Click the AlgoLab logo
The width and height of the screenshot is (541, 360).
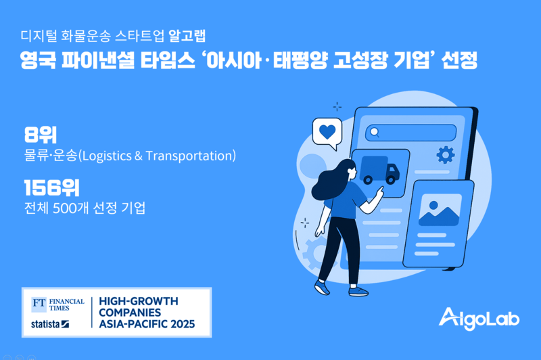point(479,318)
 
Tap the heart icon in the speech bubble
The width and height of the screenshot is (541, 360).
point(327,132)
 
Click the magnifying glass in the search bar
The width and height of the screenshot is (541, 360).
point(375,132)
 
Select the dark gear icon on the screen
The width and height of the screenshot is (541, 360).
point(446,155)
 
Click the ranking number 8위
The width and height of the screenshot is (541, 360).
point(41,135)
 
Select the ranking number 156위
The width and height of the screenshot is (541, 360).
point(52,187)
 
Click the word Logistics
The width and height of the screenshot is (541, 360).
point(107,156)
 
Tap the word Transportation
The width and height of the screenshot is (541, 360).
point(189,156)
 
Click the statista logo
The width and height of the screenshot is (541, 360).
point(50,324)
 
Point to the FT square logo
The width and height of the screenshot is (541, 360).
point(39,304)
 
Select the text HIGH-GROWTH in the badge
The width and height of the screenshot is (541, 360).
point(139,301)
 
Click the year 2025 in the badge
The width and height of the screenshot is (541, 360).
point(183,323)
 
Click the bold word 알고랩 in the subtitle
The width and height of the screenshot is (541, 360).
point(187,36)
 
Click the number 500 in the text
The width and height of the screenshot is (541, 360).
point(64,208)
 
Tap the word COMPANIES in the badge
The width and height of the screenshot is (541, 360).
point(130,313)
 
